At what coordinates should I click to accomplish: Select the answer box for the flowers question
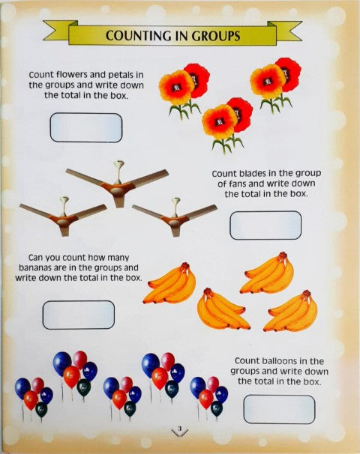pyautogui.click(x=85, y=127)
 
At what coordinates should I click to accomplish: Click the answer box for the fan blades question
pyautogui.click(x=265, y=225)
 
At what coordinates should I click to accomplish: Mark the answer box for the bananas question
pyautogui.click(x=79, y=315)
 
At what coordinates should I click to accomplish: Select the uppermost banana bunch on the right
pyautogui.click(x=267, y=273)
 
